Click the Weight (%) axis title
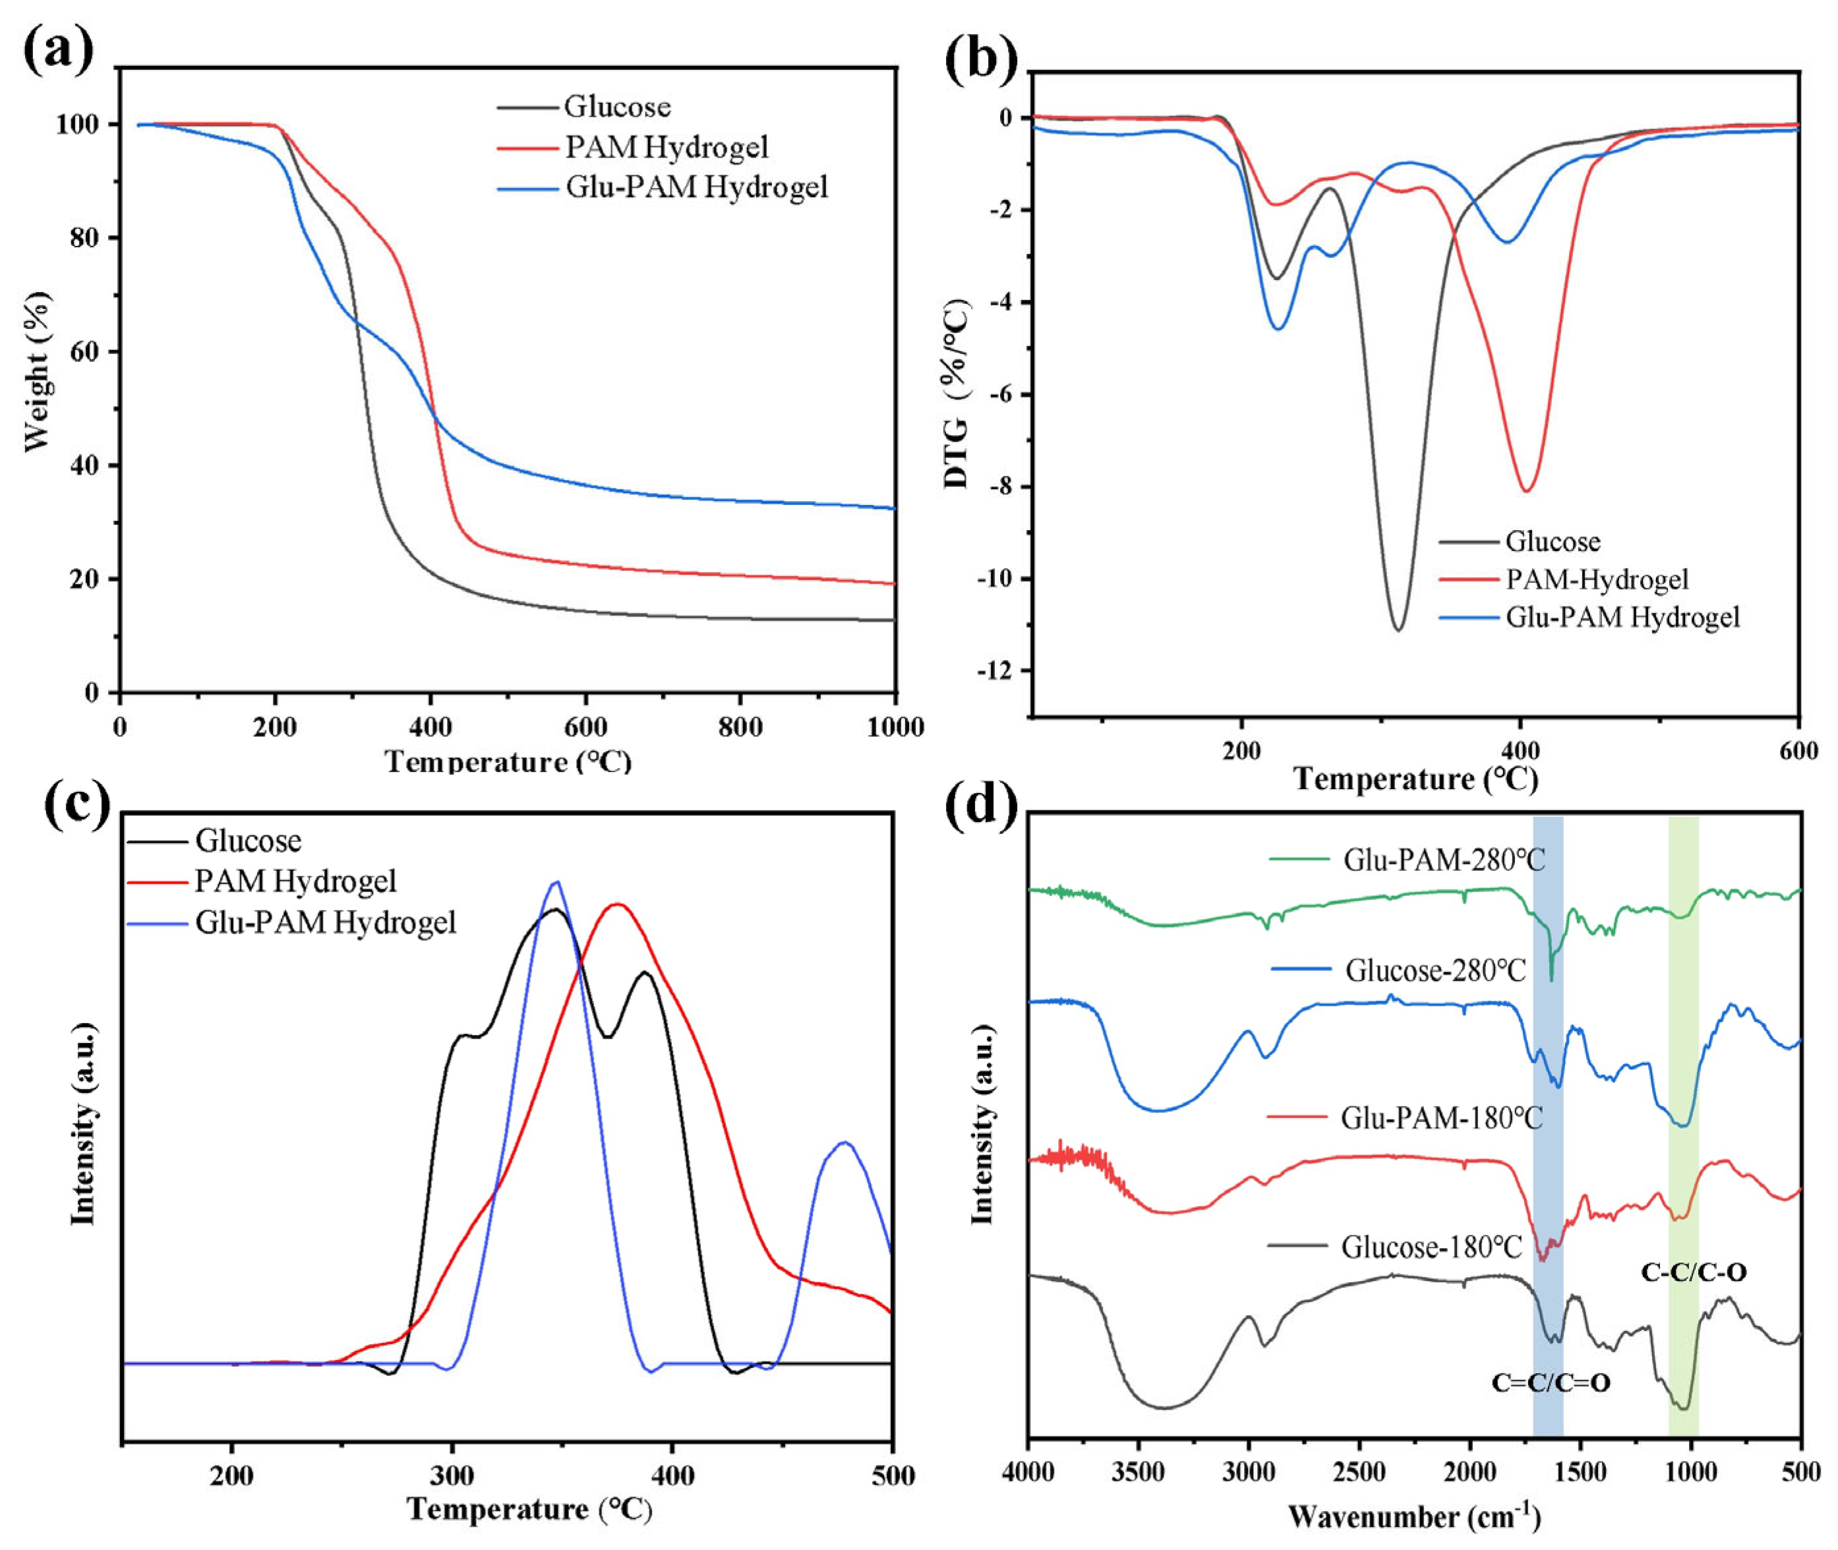tap(38, 373)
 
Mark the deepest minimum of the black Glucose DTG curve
tap(1398, 629)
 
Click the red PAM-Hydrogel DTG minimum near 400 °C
tap(1527, 489)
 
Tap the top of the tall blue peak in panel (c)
tap(555, 883)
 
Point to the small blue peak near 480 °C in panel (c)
tap(845, 1143)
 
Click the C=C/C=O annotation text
tap(1551, 1383)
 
